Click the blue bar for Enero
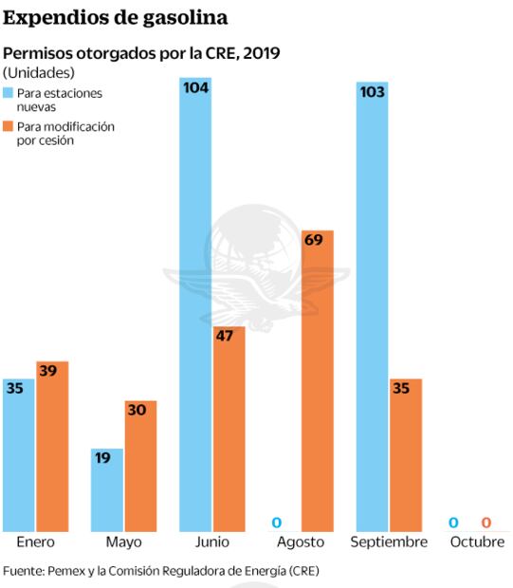point(19,455)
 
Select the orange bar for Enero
point(52,446)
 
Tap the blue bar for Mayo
point(107,489)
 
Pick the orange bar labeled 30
point(140,466)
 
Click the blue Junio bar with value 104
point(195,304)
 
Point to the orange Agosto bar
point(317,379)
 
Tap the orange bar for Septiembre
point(405,455)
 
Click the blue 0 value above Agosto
point(277,523)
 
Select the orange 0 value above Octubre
point(486,523)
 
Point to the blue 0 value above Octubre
point(453,523)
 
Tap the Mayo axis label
point(124,542)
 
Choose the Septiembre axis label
point(389,542)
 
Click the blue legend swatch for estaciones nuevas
point(9,94)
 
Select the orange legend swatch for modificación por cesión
point(9,126)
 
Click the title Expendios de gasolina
point(115,17)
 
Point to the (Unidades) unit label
point(39,72)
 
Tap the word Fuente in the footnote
point(24,572)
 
